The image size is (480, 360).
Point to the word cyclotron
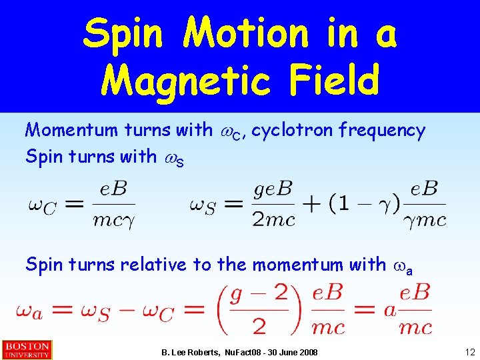point(293,131)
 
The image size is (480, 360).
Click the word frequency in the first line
point(382,131)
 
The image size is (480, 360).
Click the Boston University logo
point(27,350)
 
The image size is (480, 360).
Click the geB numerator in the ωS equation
point(273,190)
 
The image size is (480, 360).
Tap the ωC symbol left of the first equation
point(43,205)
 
